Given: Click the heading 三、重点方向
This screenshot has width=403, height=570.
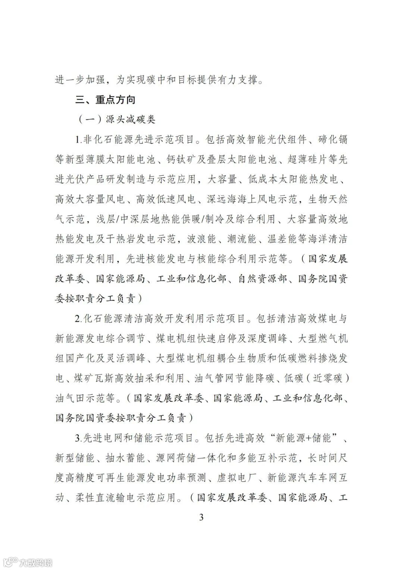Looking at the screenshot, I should [x=105, y=100].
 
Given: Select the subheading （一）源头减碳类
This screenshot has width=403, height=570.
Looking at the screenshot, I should [x=116, y=120].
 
